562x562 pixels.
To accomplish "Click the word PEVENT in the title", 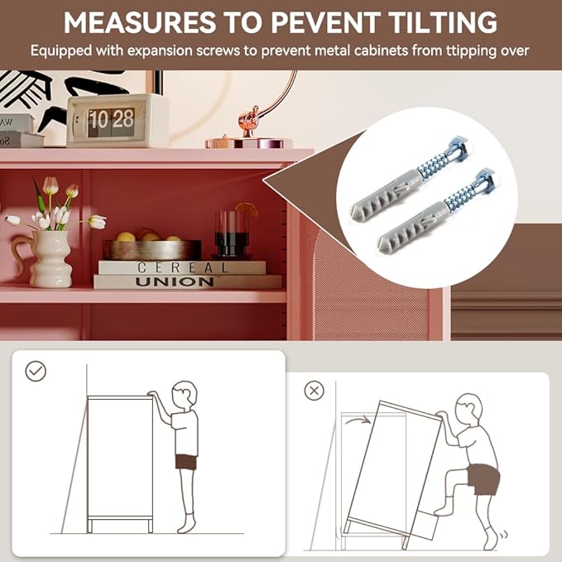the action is point(325,22).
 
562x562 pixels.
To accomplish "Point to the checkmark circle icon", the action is point(36,371).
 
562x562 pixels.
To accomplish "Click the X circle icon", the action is point(314,391).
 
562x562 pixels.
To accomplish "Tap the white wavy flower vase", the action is point(51,259).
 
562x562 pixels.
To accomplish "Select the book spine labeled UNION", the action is point(187,281).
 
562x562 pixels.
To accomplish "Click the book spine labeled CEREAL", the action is point(182,267).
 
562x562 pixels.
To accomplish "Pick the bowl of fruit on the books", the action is point(152,246).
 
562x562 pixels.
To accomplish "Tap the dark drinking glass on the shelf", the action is point(231,234).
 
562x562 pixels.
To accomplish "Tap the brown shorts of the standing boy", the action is point(186,462).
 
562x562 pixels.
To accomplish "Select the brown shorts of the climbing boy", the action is point(484,479).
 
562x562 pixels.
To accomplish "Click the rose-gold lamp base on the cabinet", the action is point(249,142).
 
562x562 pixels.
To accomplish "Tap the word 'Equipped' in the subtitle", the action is point(61,50).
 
